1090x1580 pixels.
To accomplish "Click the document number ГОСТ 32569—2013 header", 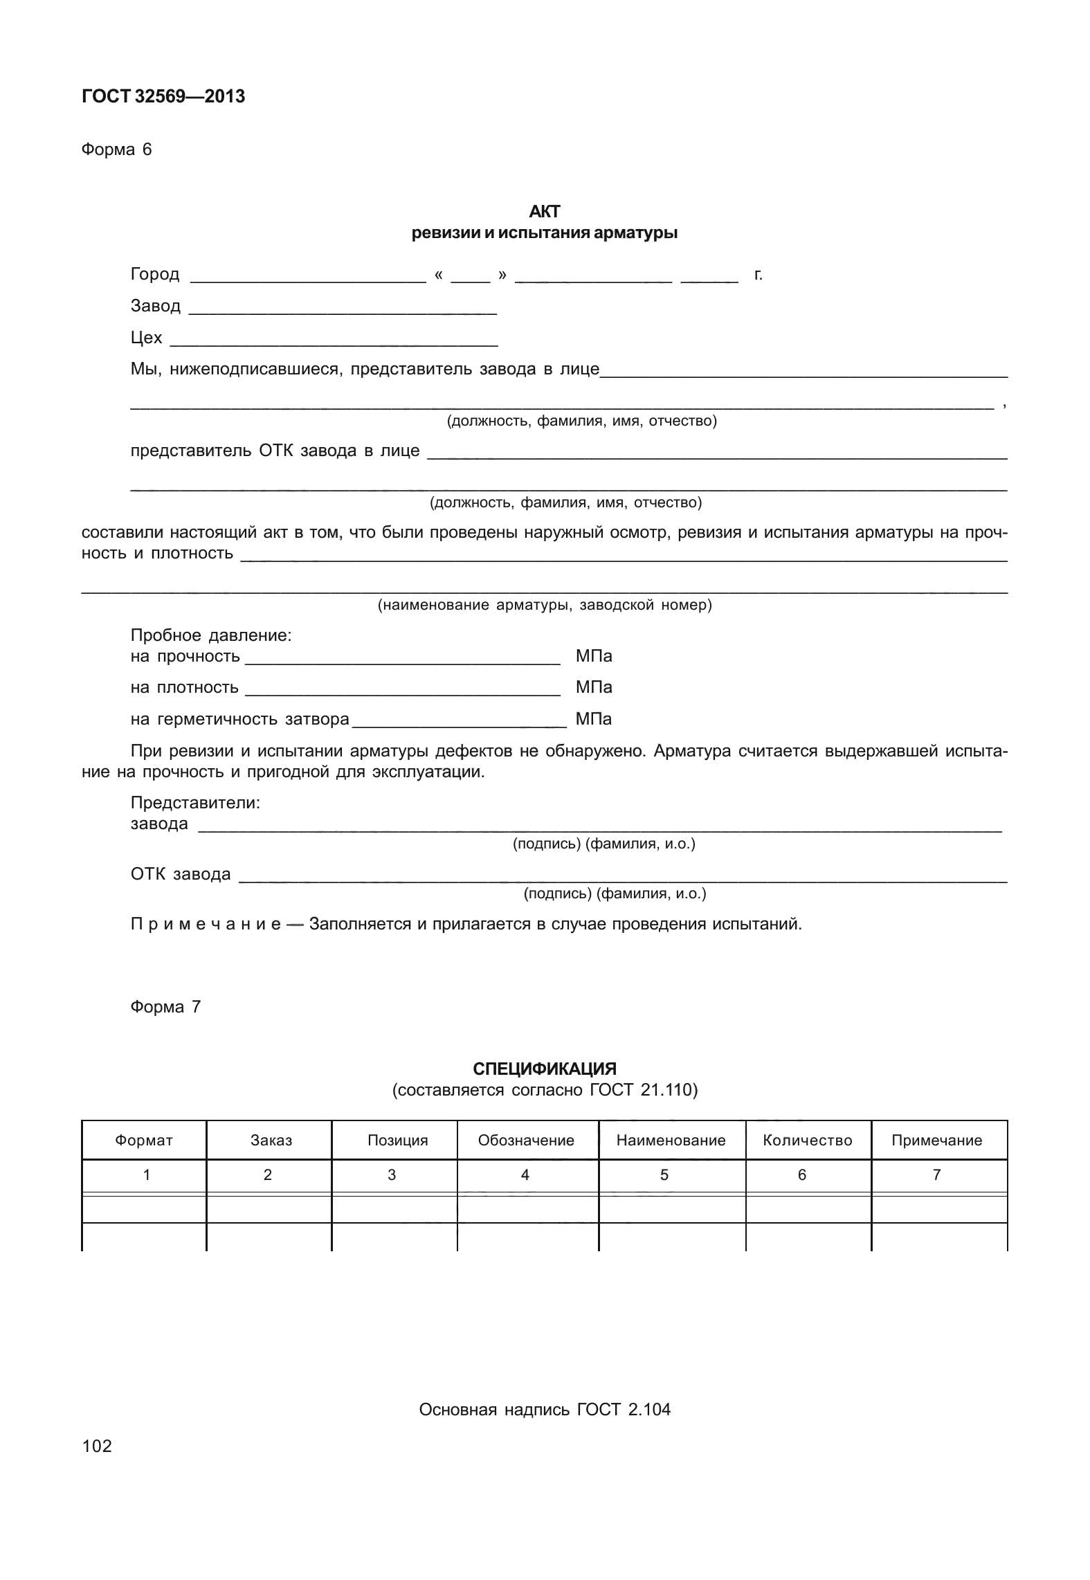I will tap(163, 97).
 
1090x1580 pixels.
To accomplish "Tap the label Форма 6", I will tap(116, 149).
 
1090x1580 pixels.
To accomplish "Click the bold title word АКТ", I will tap(544, 212).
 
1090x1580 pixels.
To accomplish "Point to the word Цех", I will tap(146, 338).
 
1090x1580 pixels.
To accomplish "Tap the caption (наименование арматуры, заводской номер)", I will tap(544, 606).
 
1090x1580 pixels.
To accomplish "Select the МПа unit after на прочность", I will tap(593, 656).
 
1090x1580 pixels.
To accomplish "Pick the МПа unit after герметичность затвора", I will tap(593, 719).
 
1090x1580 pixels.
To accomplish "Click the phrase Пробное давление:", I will tap(210, 635).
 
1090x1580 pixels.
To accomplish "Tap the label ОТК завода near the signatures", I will tap(181, 874).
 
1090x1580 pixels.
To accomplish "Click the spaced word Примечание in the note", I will tap(205, 925).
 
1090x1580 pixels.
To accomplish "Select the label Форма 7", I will tap(165, 1007).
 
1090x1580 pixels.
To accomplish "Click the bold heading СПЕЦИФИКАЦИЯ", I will tap(544, 1069).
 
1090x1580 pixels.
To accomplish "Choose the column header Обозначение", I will tap(526, 1141).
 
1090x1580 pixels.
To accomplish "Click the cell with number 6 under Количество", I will tap(801, 1175).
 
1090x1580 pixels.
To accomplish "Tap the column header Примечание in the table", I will tap(936, 1141).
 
